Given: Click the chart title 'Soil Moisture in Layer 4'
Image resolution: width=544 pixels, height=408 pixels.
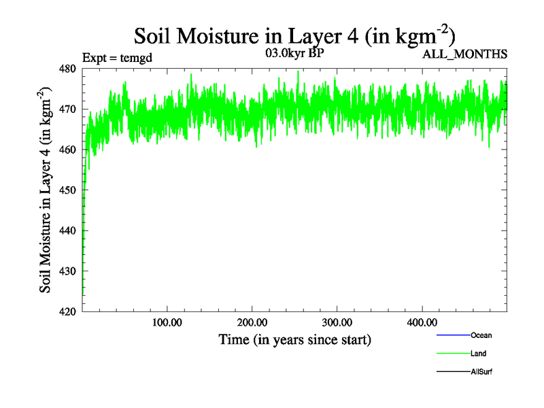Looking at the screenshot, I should (294, 35).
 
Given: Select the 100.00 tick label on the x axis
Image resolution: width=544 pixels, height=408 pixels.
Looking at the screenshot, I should (167, 322).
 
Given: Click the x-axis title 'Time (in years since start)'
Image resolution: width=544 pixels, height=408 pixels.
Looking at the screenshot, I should (294, 339).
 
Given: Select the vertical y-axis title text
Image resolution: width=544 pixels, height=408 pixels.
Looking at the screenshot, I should (46, 190).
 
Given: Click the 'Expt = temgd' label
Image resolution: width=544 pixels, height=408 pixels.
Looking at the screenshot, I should (117, 57).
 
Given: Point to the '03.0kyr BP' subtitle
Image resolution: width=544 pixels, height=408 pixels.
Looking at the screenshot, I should (294, 53).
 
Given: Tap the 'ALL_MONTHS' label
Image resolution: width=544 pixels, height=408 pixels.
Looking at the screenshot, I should (465, 54).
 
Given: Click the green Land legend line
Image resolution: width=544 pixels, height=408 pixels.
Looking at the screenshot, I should (453, 354).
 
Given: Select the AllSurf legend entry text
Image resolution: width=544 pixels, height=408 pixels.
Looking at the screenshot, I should (482, 372).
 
